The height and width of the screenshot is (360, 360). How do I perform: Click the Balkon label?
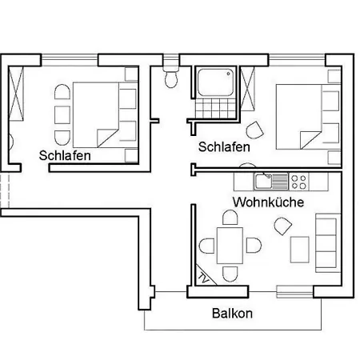(x=232, y=314)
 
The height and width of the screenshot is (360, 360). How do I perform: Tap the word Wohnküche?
(x=268, y=202)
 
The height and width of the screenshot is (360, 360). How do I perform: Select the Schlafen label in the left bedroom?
(x=65, y=155)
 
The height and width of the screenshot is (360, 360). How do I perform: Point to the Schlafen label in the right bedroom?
(x=224, y=147)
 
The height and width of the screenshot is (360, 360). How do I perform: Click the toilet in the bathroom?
(x=171, y=78)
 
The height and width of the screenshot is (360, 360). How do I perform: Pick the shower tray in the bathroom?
(x=215, y=82)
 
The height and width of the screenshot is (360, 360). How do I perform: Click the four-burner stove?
(x=298, y=182)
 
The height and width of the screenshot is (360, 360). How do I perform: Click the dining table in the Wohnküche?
(x=230, y=246)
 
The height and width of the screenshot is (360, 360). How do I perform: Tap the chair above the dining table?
(x=230, y=218)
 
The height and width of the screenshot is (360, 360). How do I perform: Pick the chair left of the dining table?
(x=207, y=246)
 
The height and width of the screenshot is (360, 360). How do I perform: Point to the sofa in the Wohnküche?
(x=328, y=242)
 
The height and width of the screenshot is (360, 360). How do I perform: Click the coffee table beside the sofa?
(x=300, y=250)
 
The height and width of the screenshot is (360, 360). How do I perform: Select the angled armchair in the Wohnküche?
(x=283, y=226)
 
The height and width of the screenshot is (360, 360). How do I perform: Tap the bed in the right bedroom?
(x=309, y=117)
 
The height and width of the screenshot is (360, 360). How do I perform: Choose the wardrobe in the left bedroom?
(x=16, y=94)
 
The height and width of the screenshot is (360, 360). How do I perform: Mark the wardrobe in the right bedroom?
(x=247, y=89)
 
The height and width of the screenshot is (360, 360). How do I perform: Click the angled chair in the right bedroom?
(x=255, y=130)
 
